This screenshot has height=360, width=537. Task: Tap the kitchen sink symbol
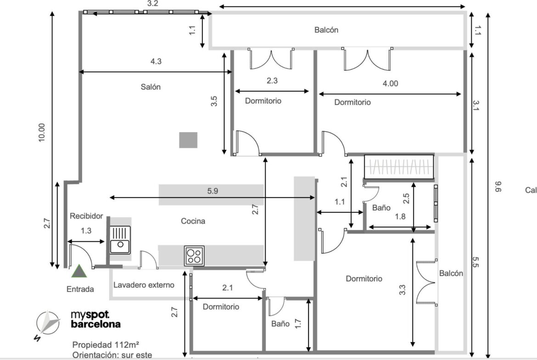(120, 240)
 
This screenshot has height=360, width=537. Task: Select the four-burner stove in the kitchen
(194, 255)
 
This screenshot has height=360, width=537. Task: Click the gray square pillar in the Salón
(188, 140)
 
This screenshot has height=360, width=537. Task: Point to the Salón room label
(151, 87)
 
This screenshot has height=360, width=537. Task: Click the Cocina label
(193, 221)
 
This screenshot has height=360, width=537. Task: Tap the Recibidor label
(86, 216)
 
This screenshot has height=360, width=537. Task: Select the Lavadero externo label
(144, 285)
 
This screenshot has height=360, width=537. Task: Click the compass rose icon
(48, 323)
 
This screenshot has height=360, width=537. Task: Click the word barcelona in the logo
(96, 324)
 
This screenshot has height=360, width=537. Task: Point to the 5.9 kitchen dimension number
(213, 191)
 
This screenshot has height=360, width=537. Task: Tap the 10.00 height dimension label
(41, 133)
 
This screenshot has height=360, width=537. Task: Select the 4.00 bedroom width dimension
(391, 83)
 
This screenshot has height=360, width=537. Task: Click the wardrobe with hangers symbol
(399, 166)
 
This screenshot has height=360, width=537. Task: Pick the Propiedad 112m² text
(106, 344)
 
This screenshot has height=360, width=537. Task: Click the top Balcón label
(326, 30)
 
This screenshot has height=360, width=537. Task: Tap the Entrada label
(80, 289)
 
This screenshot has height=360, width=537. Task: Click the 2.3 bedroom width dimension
(272, 81)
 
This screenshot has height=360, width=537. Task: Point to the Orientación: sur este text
(112, 355)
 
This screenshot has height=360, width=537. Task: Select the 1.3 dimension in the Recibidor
(86, 231)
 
